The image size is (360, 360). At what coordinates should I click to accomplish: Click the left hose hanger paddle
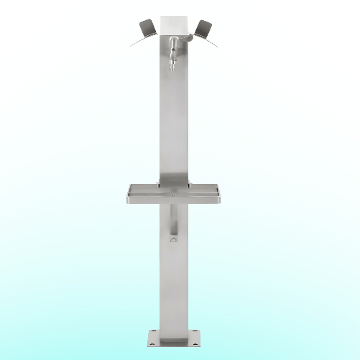[147, 27]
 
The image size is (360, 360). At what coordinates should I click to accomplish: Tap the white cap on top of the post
[174, 24]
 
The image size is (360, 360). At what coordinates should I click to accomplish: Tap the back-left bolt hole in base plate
[154, 332]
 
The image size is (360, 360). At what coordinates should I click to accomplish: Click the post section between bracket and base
[173, 287]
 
